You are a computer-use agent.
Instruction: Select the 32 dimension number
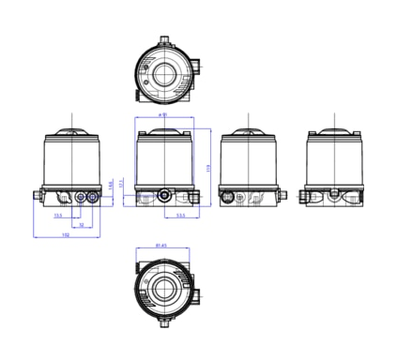pyautogui.click(x=81, y=225)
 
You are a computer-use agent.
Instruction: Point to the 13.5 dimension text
pyautogui.click(x=58, y=216)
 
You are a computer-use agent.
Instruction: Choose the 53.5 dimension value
pyautogui.click(x=179, y=216)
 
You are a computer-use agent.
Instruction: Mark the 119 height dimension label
pyautogui.click(x=207, y=167)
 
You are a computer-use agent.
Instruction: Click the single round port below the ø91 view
pyautogui.click(x=165, y=195)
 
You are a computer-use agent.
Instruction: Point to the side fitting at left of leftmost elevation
pyautogui.click(x=36, y=195)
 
